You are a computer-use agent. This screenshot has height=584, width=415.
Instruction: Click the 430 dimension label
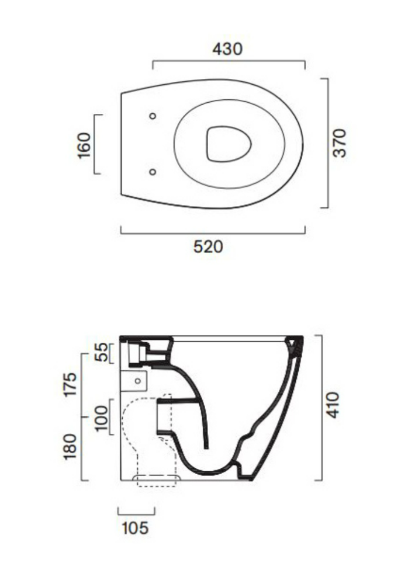[x=227, y=49]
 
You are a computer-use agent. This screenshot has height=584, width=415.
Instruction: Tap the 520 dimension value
[x=208, y=247]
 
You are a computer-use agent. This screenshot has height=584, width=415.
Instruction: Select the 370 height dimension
[x=340, y=143]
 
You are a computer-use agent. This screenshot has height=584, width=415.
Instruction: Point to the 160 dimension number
[x=84, y=145]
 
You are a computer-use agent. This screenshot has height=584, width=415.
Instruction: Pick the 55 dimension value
[x=101, y=352]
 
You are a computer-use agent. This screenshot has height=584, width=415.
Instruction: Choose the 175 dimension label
[x=70, y=384]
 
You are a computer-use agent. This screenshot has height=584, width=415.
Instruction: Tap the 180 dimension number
[x=70, y=447]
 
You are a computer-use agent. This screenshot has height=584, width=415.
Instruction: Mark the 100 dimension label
[x=101, y=417]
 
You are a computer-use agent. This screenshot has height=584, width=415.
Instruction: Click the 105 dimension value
[x=135, y=528]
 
